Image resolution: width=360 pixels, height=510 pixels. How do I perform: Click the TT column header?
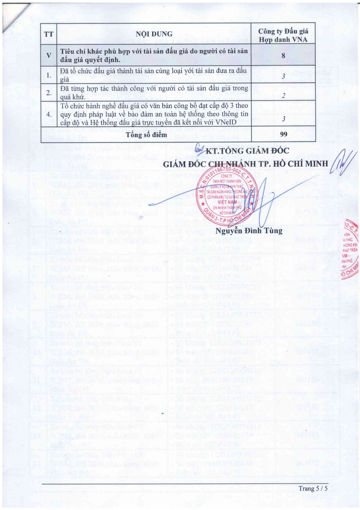(48, 34)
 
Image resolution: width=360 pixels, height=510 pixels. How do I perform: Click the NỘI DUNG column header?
(154, 34)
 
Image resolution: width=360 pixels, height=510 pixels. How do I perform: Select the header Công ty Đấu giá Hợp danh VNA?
(283, 35)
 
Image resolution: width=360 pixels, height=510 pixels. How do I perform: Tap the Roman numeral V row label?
(48, 55)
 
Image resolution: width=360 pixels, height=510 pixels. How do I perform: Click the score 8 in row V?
(283, 55)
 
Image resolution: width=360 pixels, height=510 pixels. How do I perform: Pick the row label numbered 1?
(49, 75)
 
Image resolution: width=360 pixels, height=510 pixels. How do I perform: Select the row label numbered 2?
(49, 93)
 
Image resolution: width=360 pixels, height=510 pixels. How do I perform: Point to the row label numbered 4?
(49, 114)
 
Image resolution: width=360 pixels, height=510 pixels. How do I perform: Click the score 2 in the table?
(283, 96)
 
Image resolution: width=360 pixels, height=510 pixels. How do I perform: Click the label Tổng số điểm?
(146, 135)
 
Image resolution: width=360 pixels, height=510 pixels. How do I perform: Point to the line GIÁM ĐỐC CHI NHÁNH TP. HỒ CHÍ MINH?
(245, 164)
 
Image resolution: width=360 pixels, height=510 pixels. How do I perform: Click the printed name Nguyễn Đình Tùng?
(249, 231)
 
